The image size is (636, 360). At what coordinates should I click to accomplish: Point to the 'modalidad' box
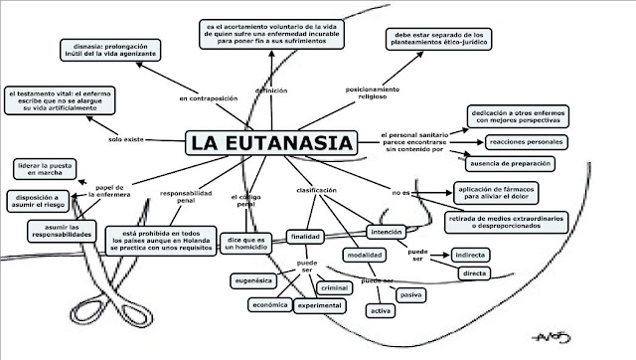coord(360,255)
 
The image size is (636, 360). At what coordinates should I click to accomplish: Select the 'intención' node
coord(387,232)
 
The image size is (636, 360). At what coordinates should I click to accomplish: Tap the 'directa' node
coord(474,272)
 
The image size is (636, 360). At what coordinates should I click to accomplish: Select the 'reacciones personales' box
coord(526,143)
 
